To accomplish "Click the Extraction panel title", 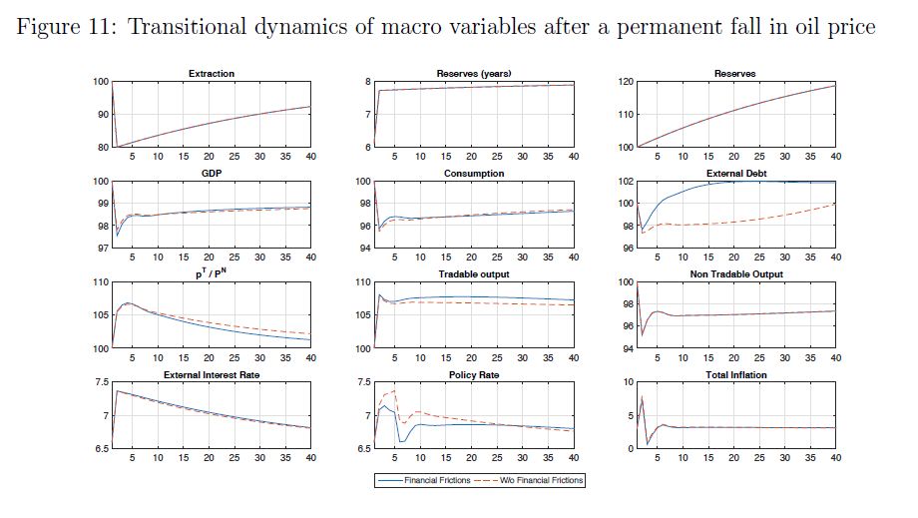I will pos(212,74).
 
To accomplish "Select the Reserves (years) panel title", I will pos(474,74).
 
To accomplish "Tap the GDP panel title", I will pos(212,173).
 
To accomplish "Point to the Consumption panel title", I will pos(474,173).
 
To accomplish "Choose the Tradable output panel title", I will pos(474,274).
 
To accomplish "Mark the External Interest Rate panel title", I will pos(212,374).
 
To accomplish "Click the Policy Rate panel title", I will pos(474,374).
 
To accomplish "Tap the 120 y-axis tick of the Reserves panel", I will pos(628,81).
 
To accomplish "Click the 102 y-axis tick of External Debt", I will pos(628,182).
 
